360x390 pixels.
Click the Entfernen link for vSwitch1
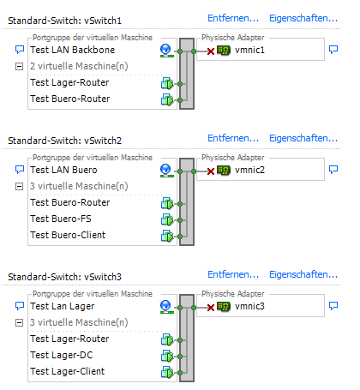(233, 18)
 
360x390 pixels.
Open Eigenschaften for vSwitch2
(303, 138)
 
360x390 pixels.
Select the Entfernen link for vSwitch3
(233, 274)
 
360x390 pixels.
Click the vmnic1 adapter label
(249, 50)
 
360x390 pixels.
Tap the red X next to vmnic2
(211, 171)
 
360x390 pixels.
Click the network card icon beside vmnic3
(224, 307)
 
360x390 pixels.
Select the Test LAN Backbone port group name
(73, 50)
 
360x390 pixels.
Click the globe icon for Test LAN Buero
(165, 171)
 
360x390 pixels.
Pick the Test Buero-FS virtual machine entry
(61, 219)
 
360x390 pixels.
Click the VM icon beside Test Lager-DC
(167, 356)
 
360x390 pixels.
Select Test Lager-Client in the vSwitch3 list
(68, 371)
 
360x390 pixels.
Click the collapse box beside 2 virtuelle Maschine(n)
(19, 67)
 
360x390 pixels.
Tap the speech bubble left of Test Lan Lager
(20, 306)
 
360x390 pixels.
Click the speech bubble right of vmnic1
(333, 50)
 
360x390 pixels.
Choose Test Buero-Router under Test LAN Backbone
(70, 99)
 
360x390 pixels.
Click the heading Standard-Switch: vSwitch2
(65, 141)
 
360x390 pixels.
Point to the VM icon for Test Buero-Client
(167, 236)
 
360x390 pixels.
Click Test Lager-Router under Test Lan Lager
(69, 339)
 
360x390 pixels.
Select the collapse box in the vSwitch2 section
(19, 187)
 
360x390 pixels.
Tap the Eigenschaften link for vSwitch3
(303, 274)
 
